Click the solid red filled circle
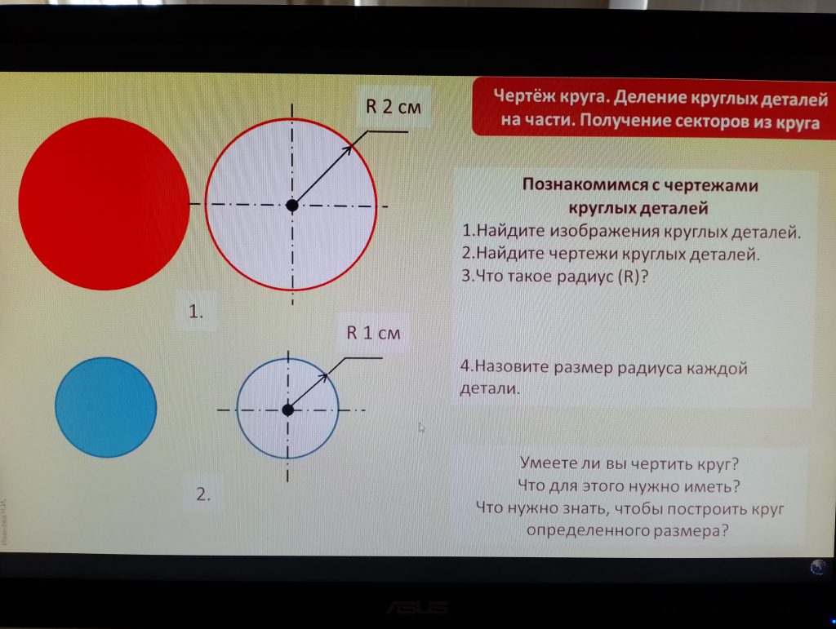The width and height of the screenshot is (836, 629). click(x=104, y=204)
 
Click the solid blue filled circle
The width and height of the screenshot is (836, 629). click(x=105, y=407)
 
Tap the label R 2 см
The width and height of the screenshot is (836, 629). click(x=394, y=107)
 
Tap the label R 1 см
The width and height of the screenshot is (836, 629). click(x=373, y=333)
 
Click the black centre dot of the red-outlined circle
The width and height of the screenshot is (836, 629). click(x=291, y=205)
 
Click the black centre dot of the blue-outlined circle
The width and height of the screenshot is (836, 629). click(x=288, y=410)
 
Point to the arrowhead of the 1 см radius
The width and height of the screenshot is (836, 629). click(x=323, y=378)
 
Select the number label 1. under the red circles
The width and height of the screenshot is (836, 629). click(x=196, y=311)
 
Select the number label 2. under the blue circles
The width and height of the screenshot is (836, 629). click(x=203, y=494)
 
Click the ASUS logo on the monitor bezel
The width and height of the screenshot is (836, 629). click(x=417, y=607)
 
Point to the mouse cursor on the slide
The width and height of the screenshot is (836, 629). click(x=421, y=427)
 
